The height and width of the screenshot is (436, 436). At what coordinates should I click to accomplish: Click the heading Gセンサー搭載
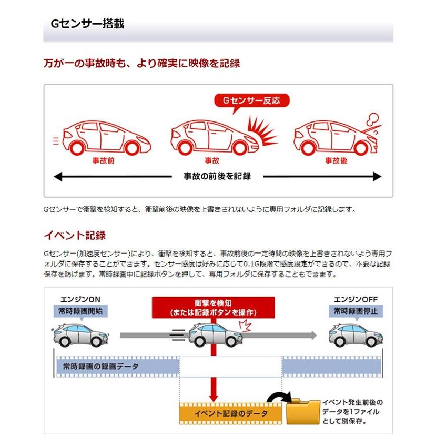click(87, 24)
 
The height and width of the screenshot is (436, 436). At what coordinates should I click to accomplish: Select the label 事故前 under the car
click(103, 161)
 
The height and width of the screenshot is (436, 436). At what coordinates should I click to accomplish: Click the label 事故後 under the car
click(336, 161)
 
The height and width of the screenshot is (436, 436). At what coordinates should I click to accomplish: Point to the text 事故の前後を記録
click(217, 177)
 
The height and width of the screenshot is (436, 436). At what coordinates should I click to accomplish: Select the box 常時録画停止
click(356, 311)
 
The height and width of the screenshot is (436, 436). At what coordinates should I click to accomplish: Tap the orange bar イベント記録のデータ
click(230, 414)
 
